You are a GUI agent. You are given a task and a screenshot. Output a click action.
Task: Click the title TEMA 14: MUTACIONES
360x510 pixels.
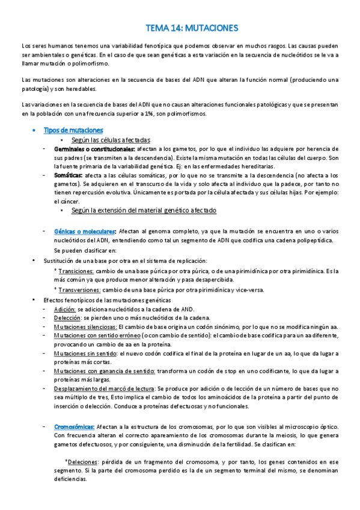tap(192, 28)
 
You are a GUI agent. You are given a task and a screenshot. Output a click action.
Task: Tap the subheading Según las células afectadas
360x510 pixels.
tap(111, 140)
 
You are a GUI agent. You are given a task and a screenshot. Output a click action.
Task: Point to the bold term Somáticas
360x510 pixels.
tap(70, 174)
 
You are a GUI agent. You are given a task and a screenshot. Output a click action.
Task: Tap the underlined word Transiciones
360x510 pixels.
tap(75, 271)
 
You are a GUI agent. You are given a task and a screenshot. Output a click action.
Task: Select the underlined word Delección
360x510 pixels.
tap(67, 317)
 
